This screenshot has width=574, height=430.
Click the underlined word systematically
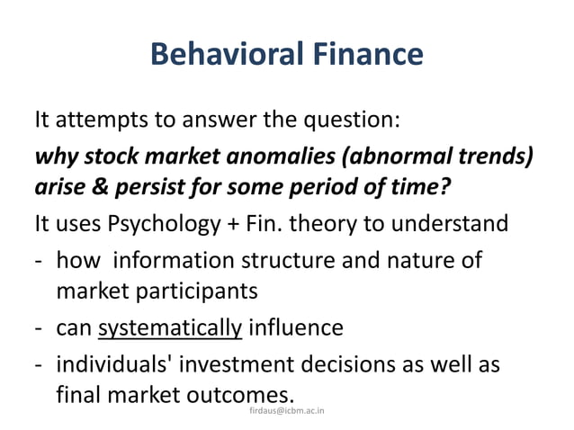[170, 327]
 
